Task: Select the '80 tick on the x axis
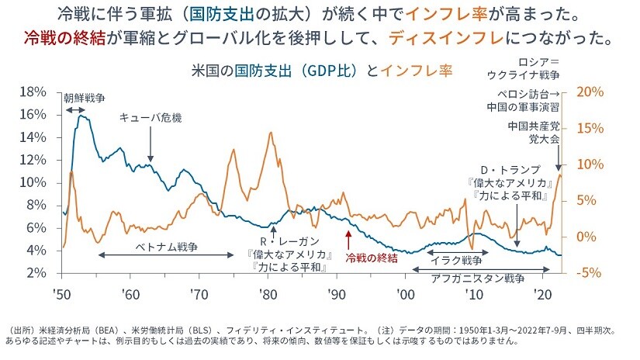268,294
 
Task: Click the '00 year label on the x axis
405,294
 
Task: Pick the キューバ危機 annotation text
150,116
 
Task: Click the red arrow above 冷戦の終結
349,239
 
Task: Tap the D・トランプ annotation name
510,170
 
